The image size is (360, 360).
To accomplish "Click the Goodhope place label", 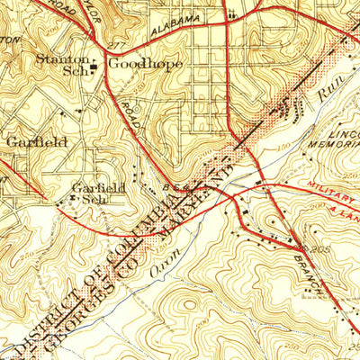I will [x=136, y=64].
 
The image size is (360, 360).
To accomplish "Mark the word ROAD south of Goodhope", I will [x=128, y=116].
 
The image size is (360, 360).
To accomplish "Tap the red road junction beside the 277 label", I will [x=105, y=49].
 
